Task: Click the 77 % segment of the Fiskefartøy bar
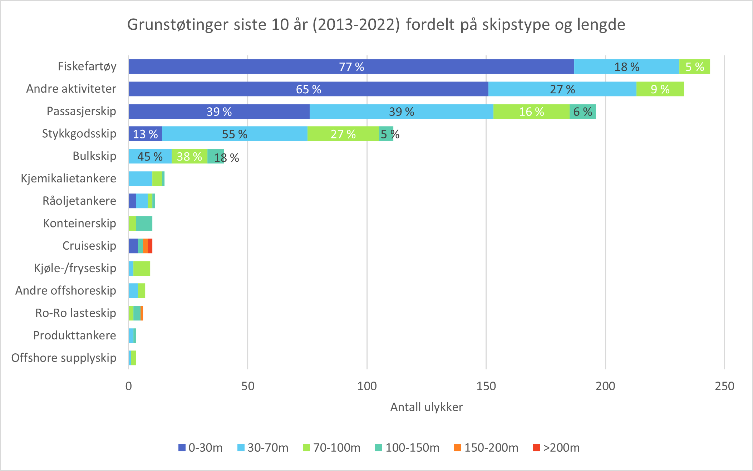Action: pos(351,67)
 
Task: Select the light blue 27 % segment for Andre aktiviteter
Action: pos(562,89)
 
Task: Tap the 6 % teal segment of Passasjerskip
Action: pos(582,112)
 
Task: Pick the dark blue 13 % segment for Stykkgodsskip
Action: pos(145,134)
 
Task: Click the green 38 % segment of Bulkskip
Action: pos(189,156)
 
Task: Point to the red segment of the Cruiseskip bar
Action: pos(150,246)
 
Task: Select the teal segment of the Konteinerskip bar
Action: pos(144,224)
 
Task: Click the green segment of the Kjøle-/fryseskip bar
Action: pos(142,269)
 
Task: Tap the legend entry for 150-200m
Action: pos(486,448)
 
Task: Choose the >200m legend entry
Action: pos(556,448)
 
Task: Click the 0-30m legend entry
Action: pos(201,448)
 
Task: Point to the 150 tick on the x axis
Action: pos(486,386)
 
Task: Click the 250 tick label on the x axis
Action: pos(724,386)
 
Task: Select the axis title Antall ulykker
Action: pos(426,407)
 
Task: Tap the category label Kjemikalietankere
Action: pos(68,178)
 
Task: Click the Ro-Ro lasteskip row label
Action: pos(75,313)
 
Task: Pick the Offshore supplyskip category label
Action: pos(64,358)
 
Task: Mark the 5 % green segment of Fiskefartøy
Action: pos(694,67)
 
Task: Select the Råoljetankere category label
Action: pos(79,201)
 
